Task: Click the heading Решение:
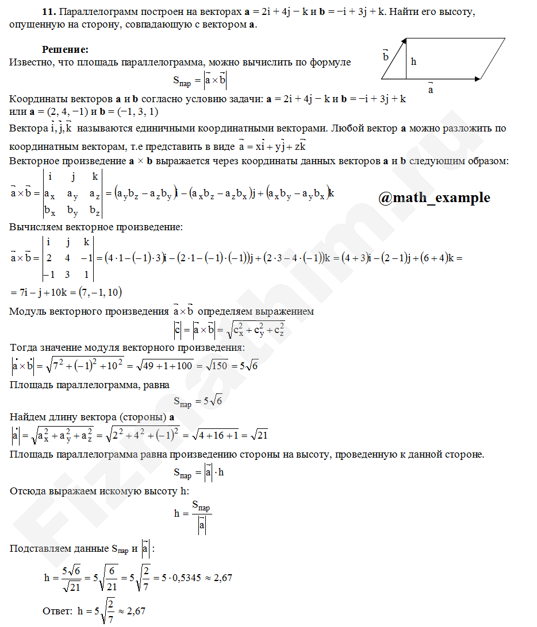(x=65, y=50)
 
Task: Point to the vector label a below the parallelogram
(x=430, y=90)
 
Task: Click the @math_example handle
(x=434, y=198)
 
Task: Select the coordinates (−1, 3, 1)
(x=137, y=111)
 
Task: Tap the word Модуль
(x=26, y=312)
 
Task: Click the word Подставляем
(x=40, y=549)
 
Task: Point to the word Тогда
(x=24, y=348)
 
